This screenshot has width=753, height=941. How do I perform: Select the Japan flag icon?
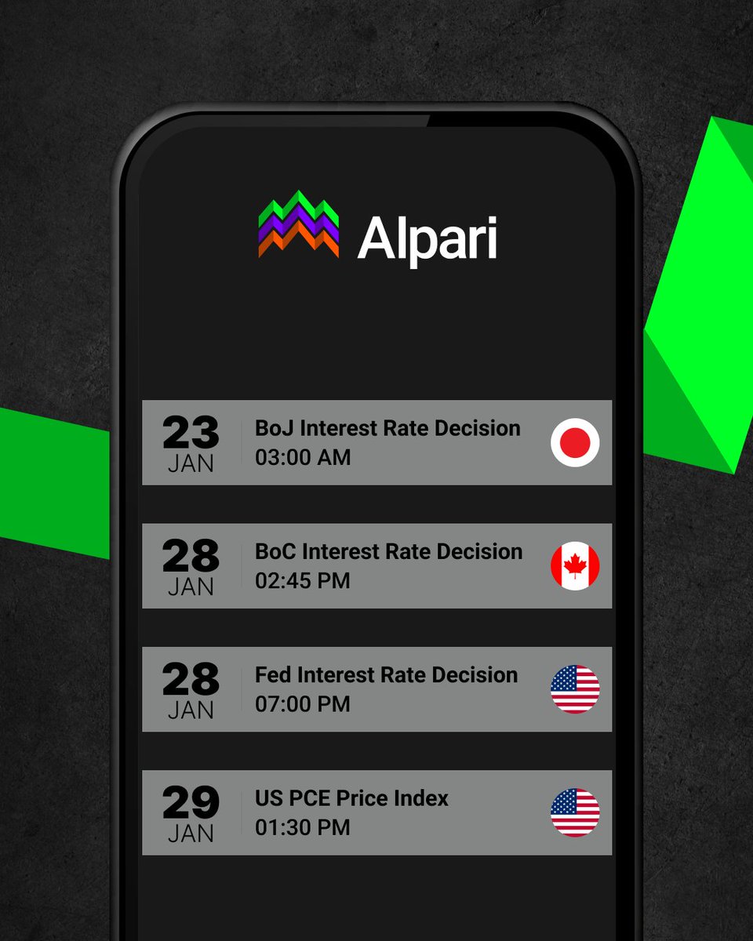point(575,442)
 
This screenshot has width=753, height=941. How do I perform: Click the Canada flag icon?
point(575,565)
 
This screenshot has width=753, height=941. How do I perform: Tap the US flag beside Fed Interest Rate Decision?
point(575,689)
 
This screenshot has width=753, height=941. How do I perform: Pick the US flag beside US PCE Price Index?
point(575,812)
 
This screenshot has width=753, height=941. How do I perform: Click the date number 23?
point(191,431)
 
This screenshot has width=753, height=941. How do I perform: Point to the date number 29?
point(191,801)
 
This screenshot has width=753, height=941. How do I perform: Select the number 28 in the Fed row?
point(191,678)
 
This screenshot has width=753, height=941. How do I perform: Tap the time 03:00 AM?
point(303,457)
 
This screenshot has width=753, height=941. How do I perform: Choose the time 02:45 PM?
point(303,581)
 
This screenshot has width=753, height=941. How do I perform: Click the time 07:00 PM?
point(303,704)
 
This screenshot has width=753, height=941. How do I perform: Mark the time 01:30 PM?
point(303,827)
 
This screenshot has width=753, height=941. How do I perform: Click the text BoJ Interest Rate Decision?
point(387,428)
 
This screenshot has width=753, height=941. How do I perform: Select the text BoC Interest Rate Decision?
point(388,551)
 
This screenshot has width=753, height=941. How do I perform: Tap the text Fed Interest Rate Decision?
point(386,675)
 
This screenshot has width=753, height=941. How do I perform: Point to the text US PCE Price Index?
point(351,798)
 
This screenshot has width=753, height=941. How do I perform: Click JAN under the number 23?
point(191,463)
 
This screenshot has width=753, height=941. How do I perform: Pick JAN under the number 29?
point(191,834)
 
